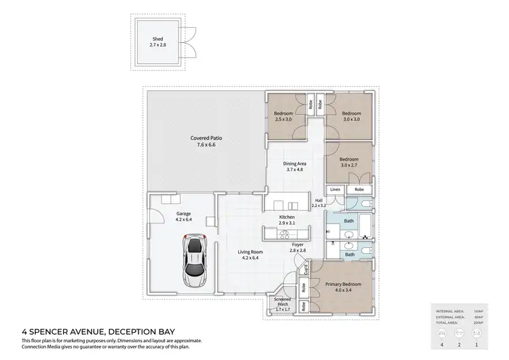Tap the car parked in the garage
point(195,262)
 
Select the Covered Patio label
point(206,141)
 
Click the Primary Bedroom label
point(342,287)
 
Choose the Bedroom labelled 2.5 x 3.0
point(283,116)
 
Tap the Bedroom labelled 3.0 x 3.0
point(351,116)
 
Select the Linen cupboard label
point(335,189)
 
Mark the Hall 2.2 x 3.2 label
point(319,202)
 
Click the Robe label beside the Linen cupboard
point(359,189)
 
